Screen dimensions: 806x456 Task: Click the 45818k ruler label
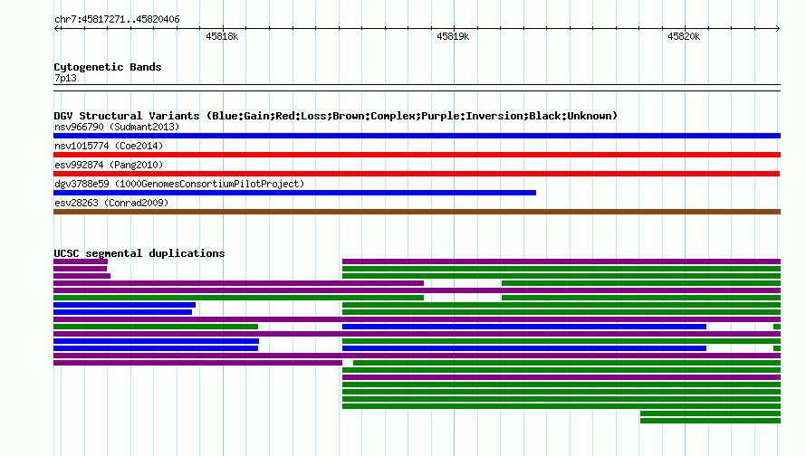point(222,36)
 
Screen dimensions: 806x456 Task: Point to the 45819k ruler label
point(452,36)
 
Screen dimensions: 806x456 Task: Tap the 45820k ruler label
point(684,36)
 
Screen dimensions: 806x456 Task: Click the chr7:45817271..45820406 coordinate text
point(117,20)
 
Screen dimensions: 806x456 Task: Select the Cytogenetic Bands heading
point(108,67)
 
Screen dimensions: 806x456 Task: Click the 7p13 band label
point(65,78)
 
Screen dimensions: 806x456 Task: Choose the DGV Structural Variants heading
point(335,116)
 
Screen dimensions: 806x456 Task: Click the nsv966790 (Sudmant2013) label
point(117,127)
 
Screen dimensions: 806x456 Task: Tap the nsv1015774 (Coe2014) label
point(109,146)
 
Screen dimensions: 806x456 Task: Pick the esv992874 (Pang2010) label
point(109,165)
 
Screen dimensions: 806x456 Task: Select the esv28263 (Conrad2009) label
point(111,203)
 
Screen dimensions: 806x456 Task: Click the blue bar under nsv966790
point(417,136)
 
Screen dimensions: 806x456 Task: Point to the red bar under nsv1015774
point(417,155)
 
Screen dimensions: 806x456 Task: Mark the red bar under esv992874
point(417,174)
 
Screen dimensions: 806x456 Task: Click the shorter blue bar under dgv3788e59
point(294,193)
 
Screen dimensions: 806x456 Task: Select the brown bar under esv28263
point(417,212)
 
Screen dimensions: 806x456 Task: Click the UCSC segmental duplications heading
point(139,253)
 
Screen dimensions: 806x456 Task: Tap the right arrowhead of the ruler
point(779,29)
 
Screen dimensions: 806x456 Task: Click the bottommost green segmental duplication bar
point(710,421)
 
